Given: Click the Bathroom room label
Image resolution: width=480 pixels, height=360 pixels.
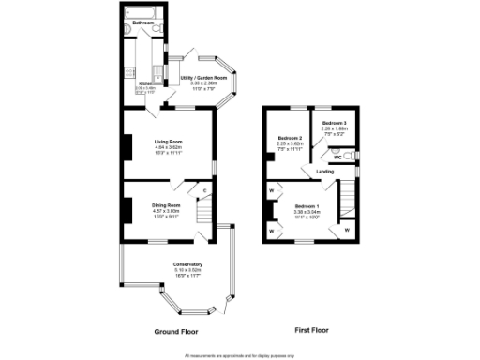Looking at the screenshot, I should pyautogui.click(x=142, y=22).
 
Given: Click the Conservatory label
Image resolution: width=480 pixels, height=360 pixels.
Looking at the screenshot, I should pyautogui.click(x=174, y=264).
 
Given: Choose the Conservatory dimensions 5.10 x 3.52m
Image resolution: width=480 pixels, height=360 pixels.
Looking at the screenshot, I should pyautogui.click(x=174, y=270).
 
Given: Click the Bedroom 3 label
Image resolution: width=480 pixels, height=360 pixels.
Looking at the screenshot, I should pyautogui.click(x=334, y=124).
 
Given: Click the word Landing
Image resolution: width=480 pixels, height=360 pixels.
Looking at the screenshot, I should pyautogui.click(x=325, y=172).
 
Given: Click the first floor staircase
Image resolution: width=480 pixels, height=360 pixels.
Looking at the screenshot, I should pyautogui.click(x=348, y=198).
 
